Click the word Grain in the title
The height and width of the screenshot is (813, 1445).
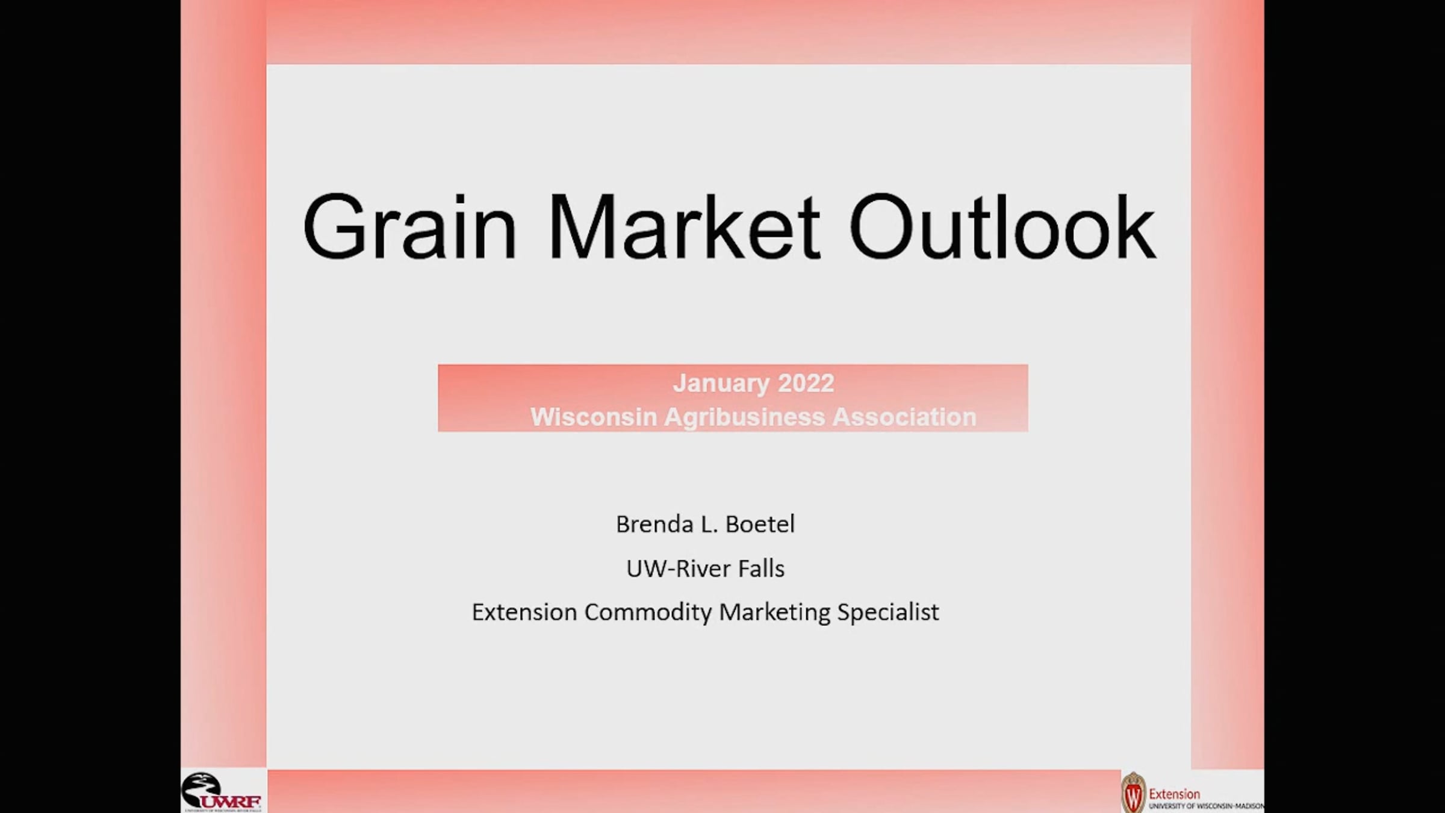(409, 227)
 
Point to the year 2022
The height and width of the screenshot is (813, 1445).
(806, 383)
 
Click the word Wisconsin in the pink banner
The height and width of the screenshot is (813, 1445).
(593, 417)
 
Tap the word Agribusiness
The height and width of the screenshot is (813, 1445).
(744, 417)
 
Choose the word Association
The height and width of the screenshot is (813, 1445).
(904, 417)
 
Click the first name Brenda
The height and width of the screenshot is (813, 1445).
(654, 524)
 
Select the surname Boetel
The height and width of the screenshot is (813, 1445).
(760, 524)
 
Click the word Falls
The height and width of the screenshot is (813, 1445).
(762, 568)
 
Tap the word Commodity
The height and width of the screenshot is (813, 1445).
(648, 612)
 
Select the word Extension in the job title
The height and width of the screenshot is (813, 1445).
(524, 612)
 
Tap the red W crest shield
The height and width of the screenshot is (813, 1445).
(1133, 793)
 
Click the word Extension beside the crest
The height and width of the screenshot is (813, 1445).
(1174, 794)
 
